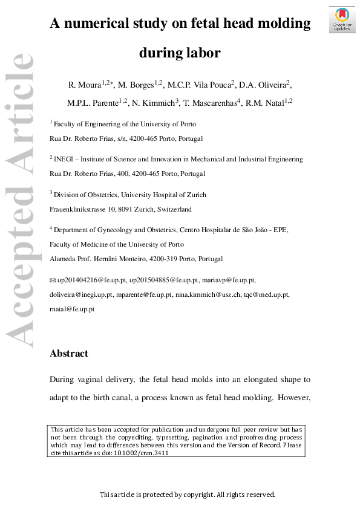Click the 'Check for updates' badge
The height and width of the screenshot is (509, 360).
pos(341,20)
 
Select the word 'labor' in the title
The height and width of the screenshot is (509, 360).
pos(203,53)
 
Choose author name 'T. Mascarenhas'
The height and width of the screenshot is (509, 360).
pos(209,103)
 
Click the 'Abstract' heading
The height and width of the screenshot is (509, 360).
pos(68,354)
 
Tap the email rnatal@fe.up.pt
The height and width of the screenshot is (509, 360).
pos(71,309)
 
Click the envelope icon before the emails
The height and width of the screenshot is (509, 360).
pos(52,281)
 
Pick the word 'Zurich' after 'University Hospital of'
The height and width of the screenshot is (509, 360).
pos(194,195)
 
